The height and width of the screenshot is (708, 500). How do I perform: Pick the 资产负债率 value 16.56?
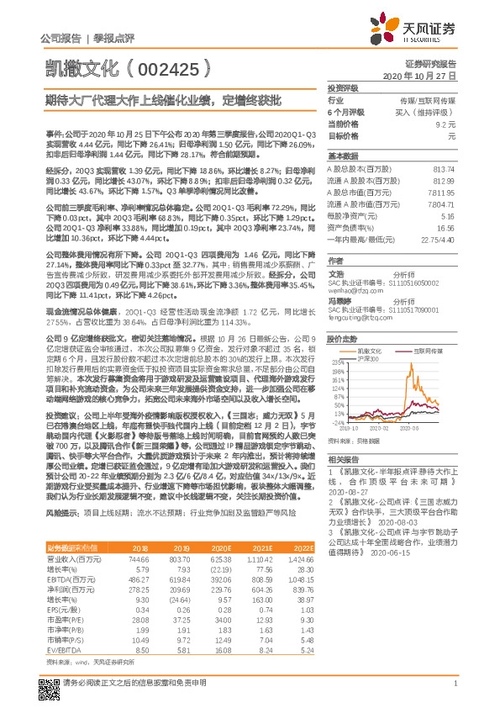(x=445, y=227)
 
